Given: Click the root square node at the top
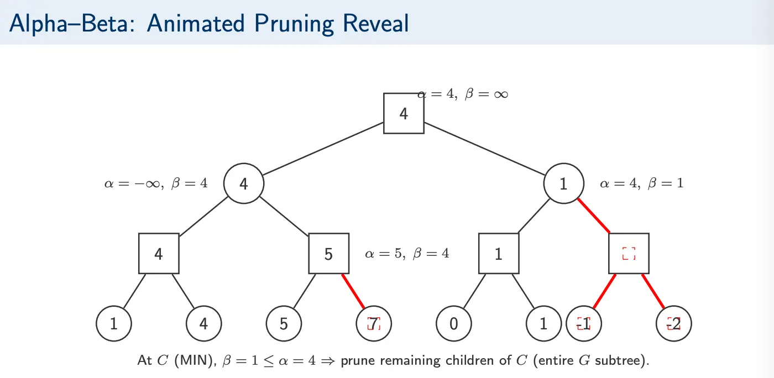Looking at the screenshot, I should [x=404, y=113].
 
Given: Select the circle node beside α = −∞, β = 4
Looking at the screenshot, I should [x=244, y=183].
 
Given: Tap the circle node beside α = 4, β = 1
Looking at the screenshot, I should [x=563, y=183].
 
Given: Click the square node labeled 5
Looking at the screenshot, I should [x=328, y=254].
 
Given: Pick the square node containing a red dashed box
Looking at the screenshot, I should [x=629, y=254].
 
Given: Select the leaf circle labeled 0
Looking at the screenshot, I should [x=454, y=323].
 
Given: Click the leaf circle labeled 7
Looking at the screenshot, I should [x=374, y=323].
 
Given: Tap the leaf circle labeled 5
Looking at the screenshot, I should [x=284, y=323].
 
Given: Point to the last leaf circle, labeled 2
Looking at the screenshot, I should [x=674, y=323].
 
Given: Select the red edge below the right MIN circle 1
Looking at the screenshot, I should [x=594, y=216].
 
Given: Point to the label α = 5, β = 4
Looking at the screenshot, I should [x=407, y=254].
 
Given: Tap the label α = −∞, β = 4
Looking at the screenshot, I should [x=156, y=183].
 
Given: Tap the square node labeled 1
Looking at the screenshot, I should [x=499, y=254].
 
